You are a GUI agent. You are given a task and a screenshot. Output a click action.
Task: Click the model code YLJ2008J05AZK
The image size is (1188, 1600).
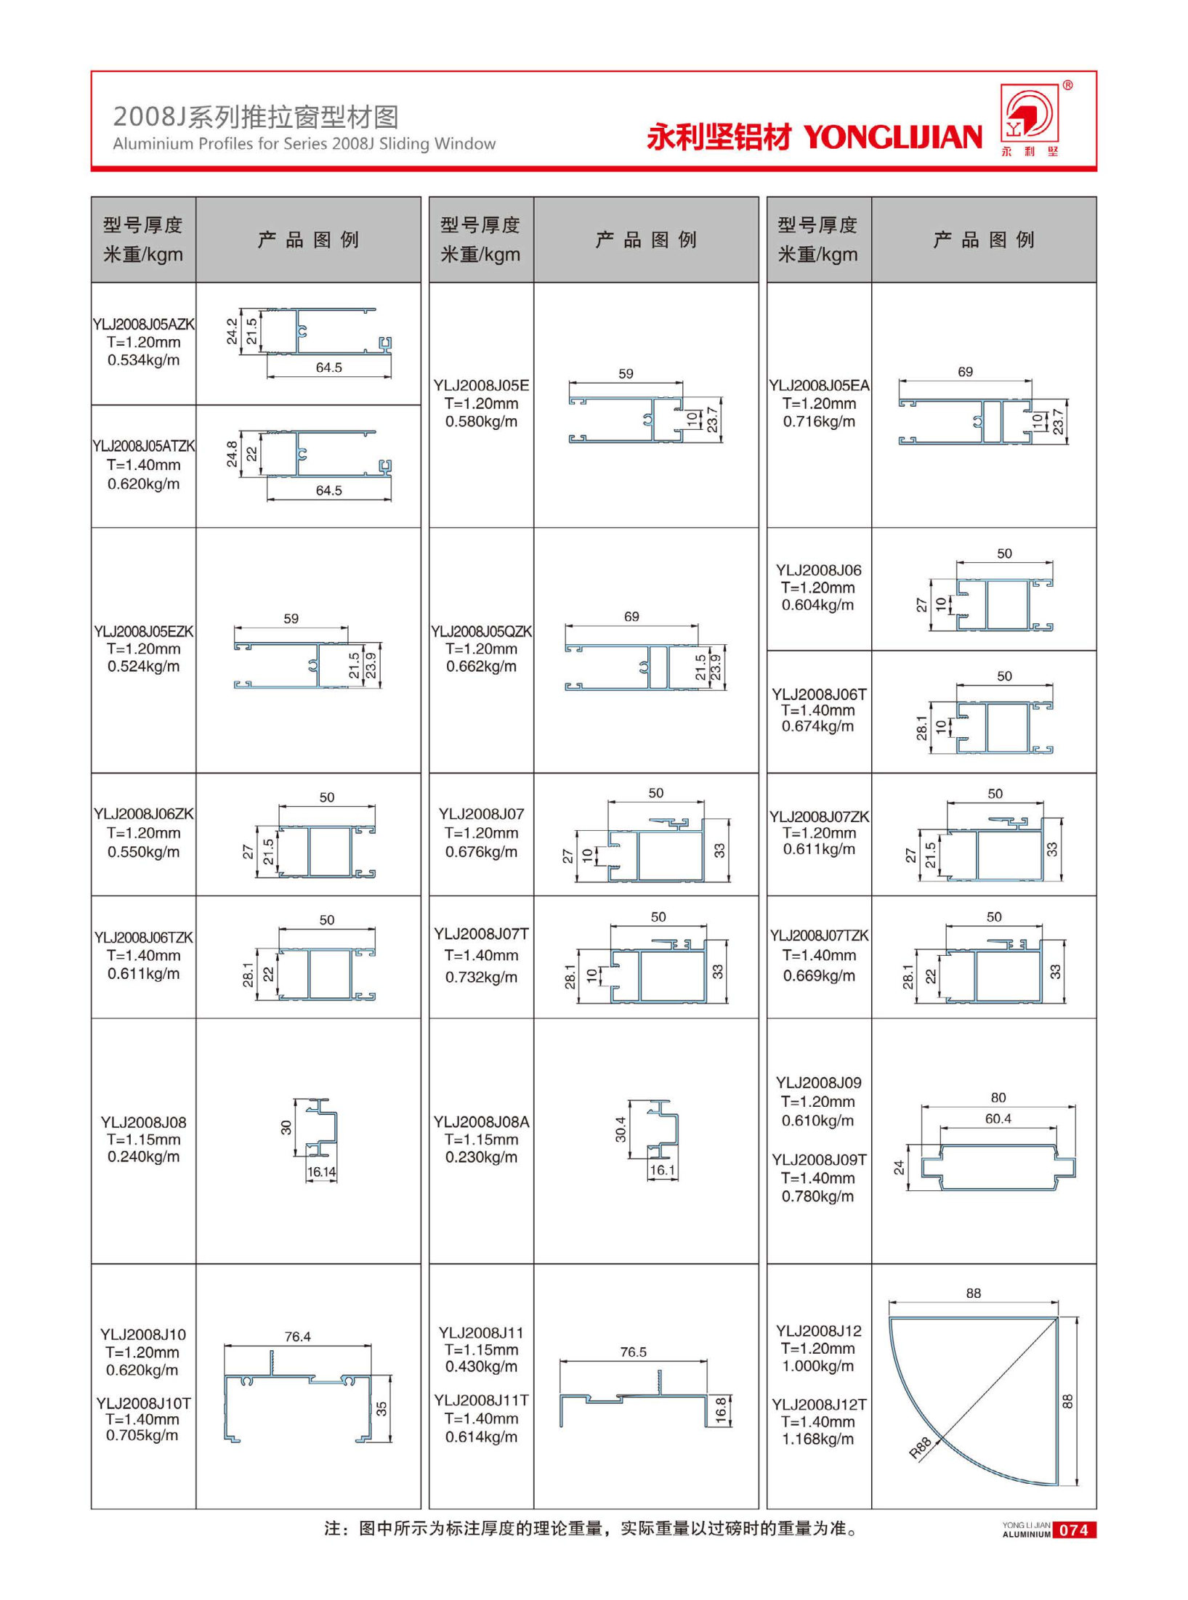pos(143,324)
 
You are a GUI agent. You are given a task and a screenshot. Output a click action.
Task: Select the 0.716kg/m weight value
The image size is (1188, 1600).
pos(818,421)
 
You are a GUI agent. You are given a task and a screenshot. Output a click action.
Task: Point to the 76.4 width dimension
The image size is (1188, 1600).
pos(297,1336)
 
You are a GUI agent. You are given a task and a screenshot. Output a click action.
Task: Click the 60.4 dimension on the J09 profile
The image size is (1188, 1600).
pos(998,1118)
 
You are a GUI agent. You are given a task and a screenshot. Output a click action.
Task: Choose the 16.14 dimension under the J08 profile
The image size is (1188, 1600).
pos(321,1171)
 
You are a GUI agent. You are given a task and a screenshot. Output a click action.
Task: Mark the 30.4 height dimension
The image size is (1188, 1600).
pos(621,1129)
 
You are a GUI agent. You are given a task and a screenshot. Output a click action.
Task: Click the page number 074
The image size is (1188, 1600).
pos(1073,1530)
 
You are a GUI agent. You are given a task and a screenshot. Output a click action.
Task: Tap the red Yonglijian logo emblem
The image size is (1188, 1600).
pos(1029,114)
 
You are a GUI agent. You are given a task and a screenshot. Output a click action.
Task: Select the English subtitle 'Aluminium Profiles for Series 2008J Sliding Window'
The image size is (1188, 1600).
pos(304,144)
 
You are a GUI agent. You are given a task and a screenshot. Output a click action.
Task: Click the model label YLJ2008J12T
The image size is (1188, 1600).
pos(818,1405)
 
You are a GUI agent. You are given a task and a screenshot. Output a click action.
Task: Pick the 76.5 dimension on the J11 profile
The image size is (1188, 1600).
pos(633,1352)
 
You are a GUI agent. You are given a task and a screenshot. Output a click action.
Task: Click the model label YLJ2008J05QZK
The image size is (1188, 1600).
pos(481,631)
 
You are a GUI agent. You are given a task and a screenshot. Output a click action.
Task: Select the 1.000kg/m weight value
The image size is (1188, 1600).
pos(818,1365)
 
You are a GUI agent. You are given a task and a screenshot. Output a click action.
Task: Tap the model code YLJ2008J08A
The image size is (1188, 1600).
pos(481,1122)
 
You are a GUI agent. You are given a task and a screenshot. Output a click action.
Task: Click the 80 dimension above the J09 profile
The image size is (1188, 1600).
pos(998,1097)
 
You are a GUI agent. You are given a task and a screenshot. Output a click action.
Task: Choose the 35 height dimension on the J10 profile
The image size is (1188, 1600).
pos(381,1408)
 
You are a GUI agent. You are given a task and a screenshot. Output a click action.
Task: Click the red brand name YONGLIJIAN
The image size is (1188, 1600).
pos(892,137)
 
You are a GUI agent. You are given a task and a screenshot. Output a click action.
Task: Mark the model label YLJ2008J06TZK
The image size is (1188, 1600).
pos(143,938)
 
